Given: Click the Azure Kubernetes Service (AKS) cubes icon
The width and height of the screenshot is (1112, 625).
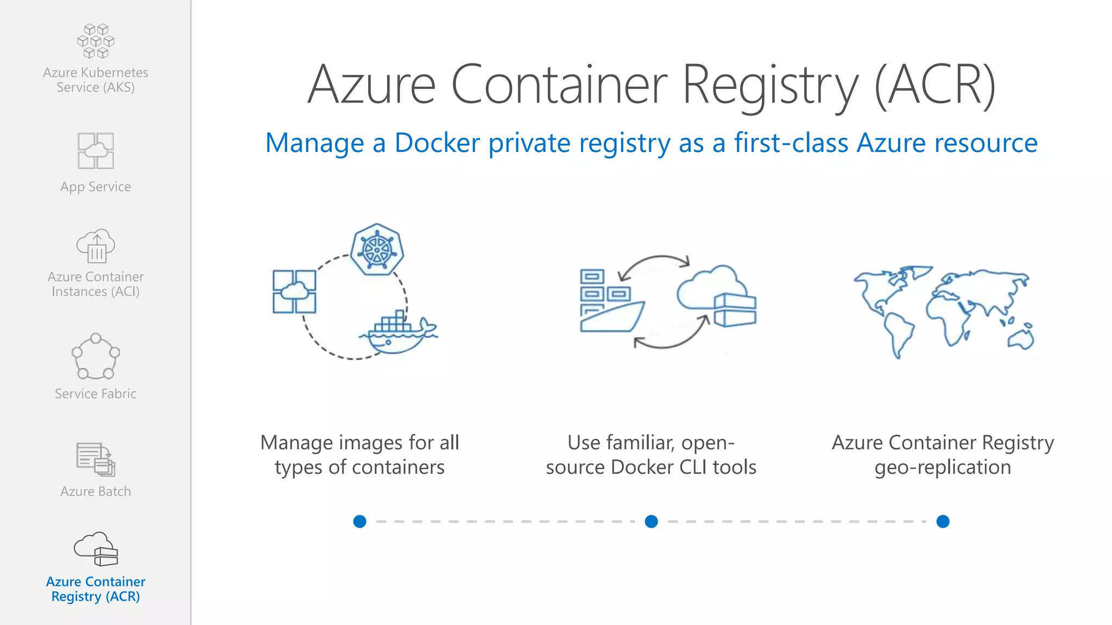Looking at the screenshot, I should click(x=96, y=41).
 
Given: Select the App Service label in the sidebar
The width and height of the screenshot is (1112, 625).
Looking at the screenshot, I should click(x=96, y=187).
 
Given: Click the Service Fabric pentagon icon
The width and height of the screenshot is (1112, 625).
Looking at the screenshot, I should click(x=96, y=356).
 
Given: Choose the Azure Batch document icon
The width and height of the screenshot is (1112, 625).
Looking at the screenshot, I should click(x=96, y=459).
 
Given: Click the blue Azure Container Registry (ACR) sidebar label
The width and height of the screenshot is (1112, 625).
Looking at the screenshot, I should click(x=96, y=589).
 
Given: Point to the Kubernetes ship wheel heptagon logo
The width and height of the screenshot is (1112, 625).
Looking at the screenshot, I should click(x=377, y=249).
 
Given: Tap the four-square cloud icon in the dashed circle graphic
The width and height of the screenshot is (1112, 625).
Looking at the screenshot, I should click(x=294, y=291).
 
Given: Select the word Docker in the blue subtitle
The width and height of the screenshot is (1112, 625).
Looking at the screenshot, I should click(x=437, y=143).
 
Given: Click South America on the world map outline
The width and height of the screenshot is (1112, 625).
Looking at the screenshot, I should click(x=899, y=334).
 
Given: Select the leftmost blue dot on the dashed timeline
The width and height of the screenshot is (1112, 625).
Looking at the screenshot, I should click(x=359, y=521).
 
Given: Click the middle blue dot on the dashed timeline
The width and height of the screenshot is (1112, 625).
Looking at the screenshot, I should click(x=651, y=521).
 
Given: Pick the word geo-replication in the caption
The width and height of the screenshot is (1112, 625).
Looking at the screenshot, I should click(x=943, y=468).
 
